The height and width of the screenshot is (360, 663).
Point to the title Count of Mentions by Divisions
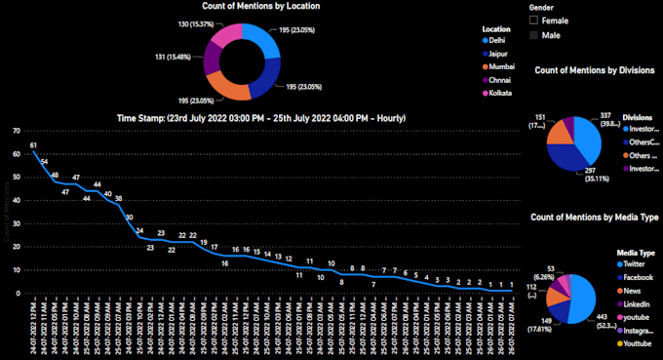click(x=595, y=71)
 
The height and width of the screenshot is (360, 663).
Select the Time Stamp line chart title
click(x=261, y=118)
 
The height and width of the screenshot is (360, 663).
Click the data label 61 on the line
click(x=33, y=145)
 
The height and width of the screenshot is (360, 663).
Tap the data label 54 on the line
click(x=44, y=161)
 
